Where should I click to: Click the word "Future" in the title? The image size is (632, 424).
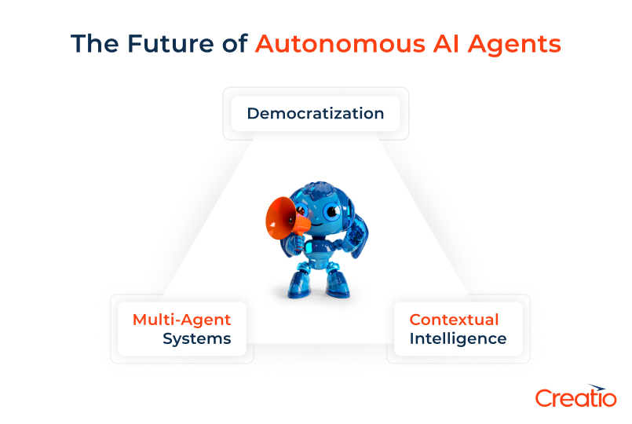pos(170,43)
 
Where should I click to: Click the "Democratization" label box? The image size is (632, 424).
pos(316,113)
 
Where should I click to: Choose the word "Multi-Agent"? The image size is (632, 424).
pos(182,320)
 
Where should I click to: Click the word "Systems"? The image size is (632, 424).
pos(197,339)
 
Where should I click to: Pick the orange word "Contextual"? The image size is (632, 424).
pos(454,320)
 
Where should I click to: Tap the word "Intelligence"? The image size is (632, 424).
pos(458,339)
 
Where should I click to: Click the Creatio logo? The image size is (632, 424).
pos(575,396)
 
